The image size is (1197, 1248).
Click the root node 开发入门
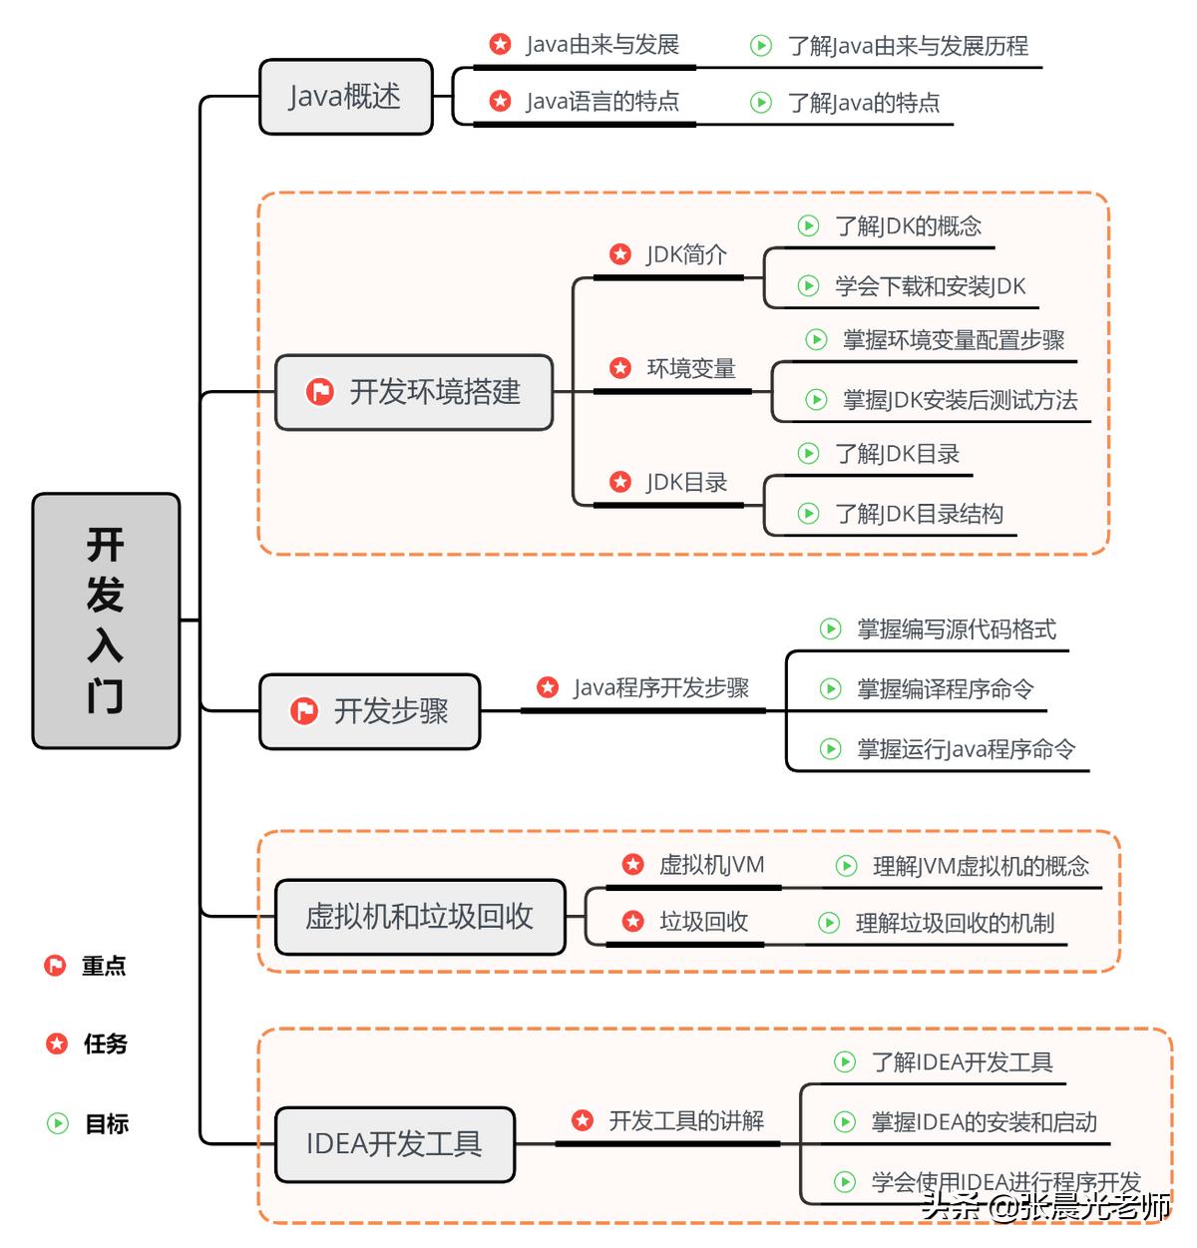(106, 620)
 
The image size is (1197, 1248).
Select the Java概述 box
(345, 97)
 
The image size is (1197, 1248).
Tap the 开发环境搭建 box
(414, 392)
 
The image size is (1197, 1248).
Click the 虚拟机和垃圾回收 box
(419, 916)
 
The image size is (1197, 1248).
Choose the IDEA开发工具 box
(394, 1143)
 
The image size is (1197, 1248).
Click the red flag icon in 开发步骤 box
(303, 711)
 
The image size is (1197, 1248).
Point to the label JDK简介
(686, 254)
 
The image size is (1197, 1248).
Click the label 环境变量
(690, 368)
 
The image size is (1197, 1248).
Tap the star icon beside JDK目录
(620, 482)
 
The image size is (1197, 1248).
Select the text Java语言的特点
(602, 102)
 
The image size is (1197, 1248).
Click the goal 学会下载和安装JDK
(930, 286)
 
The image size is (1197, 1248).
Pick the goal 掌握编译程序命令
(945, 688)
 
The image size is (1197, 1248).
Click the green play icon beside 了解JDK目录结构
(808, 514)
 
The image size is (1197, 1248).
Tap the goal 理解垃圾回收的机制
(955, 923)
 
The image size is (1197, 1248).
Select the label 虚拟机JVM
(711, 865)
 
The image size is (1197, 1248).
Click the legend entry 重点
(104, 966)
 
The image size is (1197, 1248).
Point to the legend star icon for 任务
(57, 1043)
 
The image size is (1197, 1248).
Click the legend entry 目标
(107, 1123)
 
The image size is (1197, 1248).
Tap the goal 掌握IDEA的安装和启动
(984, 1122)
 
